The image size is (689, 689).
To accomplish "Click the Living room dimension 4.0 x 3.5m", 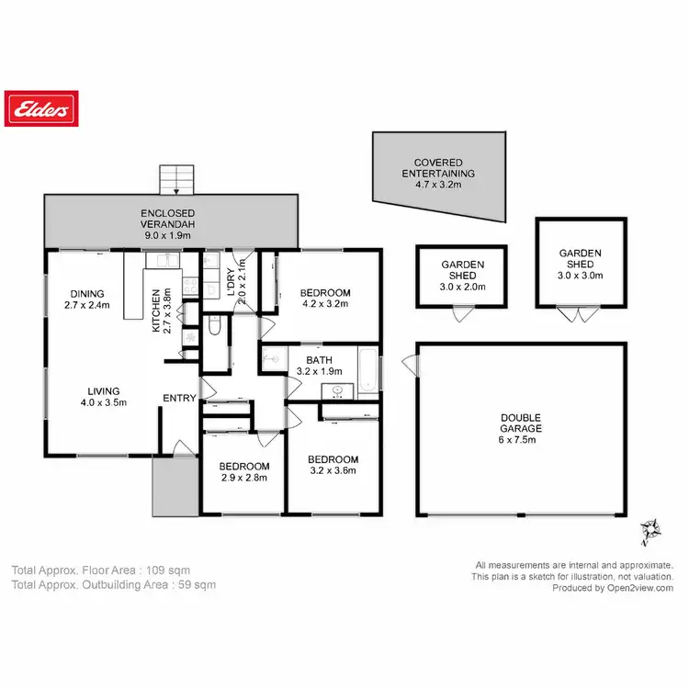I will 101,401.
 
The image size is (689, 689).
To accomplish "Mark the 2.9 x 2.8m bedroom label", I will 245,471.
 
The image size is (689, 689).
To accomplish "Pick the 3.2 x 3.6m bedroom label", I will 332,465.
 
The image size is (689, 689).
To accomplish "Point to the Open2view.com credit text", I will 634,588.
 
